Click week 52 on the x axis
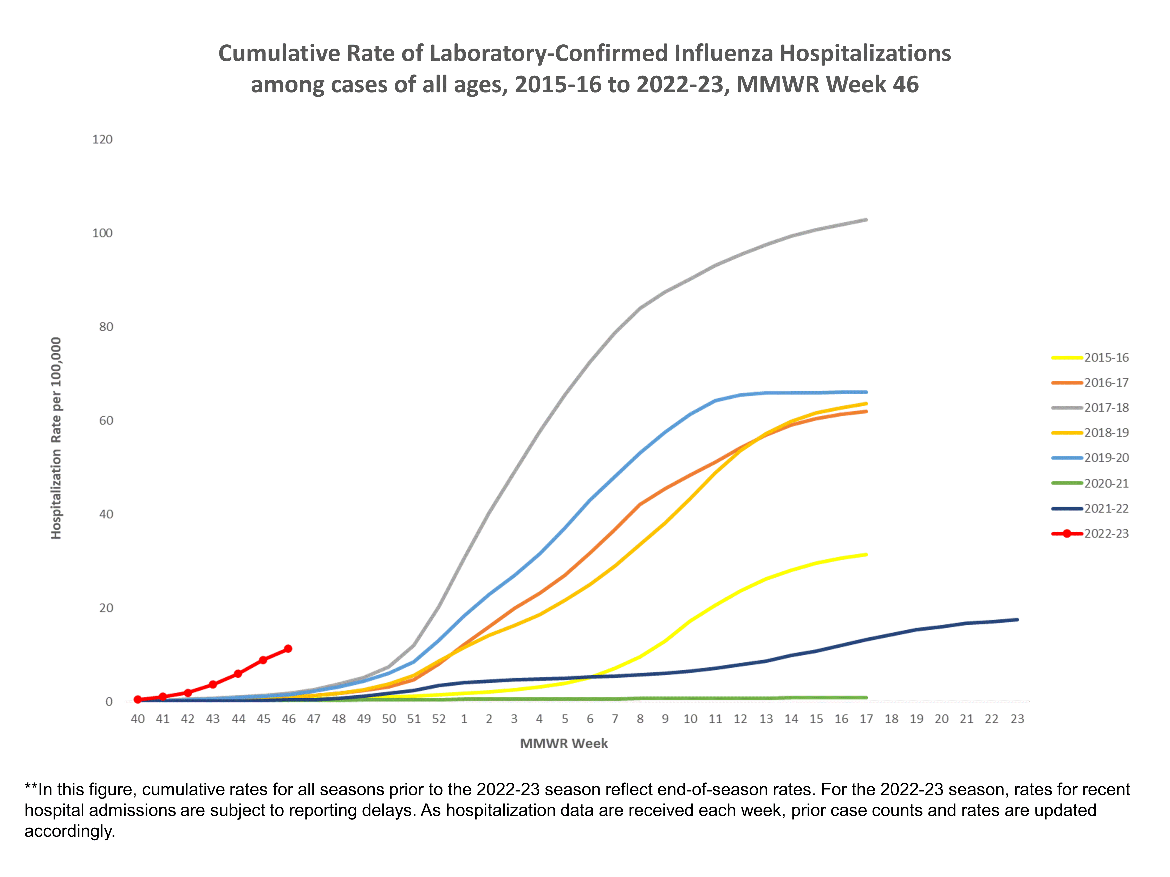439,719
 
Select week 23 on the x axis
1017,719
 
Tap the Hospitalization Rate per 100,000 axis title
56,438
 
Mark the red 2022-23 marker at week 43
213,684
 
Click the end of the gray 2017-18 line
866,220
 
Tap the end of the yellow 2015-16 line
866,555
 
